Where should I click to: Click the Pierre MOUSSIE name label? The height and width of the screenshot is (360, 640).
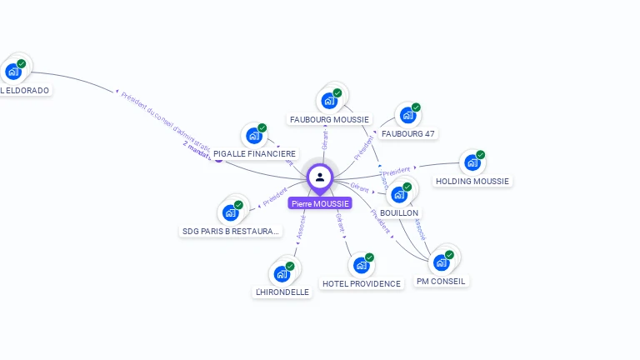[320, 203]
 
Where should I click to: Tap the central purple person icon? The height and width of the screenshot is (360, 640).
[320, 177]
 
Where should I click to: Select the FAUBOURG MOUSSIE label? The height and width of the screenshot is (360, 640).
[329, 119]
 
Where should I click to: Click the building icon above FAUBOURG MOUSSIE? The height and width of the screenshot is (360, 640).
[329, 101]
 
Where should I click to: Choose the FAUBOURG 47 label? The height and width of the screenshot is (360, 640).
[408, 133]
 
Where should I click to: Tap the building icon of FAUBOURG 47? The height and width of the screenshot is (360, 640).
[407, 115]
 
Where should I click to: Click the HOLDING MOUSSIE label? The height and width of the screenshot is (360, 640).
[472, 181]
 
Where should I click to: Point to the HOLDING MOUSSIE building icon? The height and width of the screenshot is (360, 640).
[472, 162]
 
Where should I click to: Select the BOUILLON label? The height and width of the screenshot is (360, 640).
[399, 213]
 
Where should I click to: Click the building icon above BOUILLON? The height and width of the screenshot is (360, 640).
[399, 195]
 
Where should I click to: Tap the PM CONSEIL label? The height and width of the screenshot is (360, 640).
[442, 281]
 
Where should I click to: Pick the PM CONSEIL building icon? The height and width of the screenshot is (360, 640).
[442, 262]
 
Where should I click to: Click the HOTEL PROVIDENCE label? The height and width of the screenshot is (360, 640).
[362, 283]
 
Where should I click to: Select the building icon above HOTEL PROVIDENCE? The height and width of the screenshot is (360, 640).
[362, 265]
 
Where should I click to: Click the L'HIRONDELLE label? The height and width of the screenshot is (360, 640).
[282, 292]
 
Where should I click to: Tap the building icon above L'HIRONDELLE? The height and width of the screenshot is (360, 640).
[282, 273]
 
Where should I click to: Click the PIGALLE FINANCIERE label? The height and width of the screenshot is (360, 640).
[254, 154]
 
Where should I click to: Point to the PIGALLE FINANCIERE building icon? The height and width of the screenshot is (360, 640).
[253, 136]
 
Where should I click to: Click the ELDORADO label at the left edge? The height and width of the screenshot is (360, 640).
[25, 90]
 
